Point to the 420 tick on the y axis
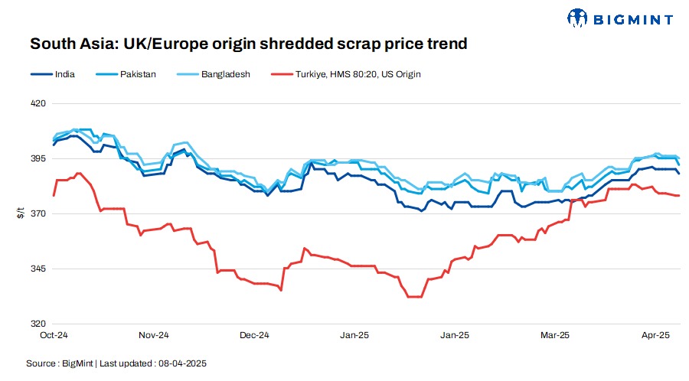(x=38, y=103)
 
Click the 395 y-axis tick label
(x=38, y=158)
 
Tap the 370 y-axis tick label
(x=38, y=213)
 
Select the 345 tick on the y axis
(x=38, y=269)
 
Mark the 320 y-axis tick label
(x=38, y=324)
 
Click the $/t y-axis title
(x=21, y=213)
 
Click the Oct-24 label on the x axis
(x=54, y=335)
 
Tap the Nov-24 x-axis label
(x=154, y=335)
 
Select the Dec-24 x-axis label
(x=254, y=335)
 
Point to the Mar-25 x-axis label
(x=555, y=335)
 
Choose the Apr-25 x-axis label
(x=655, y=335)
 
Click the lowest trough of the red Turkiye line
(x=414, y=296)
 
